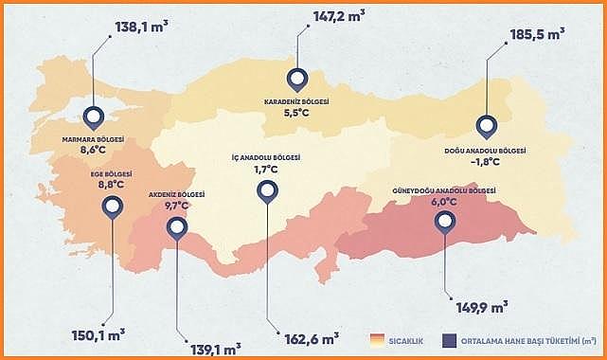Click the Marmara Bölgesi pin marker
coord(93,117)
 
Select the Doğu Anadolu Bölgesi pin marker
coord(486,126)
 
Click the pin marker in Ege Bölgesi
coord(113,207)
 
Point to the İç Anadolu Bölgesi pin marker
coord(266,190)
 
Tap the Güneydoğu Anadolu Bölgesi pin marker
coord(444,223)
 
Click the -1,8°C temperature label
coord(485,161)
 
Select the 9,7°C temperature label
coord(177,205)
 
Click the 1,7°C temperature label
coord(266,169)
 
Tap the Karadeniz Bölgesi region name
coord(296,100)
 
